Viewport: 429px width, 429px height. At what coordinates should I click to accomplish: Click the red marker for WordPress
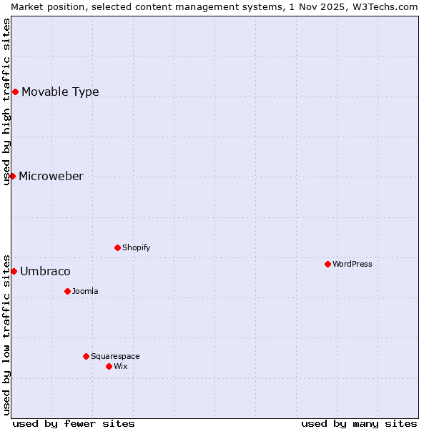click(327, 264)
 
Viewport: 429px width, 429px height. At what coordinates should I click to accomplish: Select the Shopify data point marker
click(117, 247)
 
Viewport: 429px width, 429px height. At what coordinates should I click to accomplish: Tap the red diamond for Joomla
click(67, 291)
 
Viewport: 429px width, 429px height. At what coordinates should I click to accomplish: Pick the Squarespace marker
click(86, 356)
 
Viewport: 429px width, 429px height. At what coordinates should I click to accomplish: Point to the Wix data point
click(109, 366)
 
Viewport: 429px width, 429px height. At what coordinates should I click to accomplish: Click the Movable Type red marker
click(15, 92)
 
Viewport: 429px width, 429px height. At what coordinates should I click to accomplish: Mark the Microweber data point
click(12, 176)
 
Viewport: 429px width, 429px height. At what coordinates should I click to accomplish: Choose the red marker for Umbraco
click(14, 271)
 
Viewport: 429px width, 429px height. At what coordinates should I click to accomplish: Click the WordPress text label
click(352, 264)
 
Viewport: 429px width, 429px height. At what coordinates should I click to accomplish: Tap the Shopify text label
click(136, 247)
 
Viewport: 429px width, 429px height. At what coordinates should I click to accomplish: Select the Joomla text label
click(85, 291)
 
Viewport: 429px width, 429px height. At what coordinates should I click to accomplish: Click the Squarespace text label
click(115, 356)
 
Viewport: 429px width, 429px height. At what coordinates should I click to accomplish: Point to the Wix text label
click(120, 366)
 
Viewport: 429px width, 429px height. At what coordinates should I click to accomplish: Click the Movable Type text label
click(60, 92)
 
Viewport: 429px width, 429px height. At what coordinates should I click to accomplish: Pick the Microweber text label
click(51, 176)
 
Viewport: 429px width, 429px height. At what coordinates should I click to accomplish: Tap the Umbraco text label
click(45, 271)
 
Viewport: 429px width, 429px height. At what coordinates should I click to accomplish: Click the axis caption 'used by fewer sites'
click(74, 423)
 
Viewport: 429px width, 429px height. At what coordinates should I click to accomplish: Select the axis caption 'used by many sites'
click(359, 423)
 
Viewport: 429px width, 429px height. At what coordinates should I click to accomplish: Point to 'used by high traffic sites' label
click(6, 102)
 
